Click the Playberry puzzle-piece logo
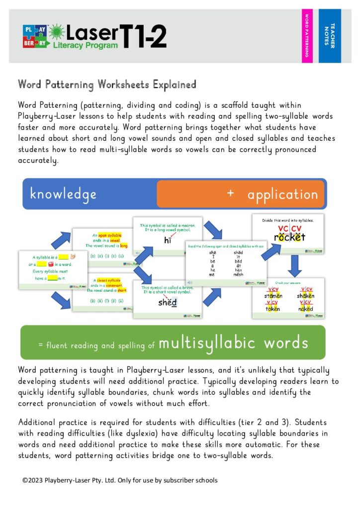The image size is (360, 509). click(35, 36)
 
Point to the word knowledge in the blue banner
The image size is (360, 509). click(63, 194)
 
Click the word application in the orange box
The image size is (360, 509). click(282, 194)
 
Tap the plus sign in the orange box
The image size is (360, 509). click(230, 193)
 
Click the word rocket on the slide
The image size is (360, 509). click(289, 237)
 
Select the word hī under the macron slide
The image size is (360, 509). click(168, 241)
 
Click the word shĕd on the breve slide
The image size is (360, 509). click(167, 302)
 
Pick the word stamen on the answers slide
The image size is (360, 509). click(273, 296)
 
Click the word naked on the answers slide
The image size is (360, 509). click(304, 308)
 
